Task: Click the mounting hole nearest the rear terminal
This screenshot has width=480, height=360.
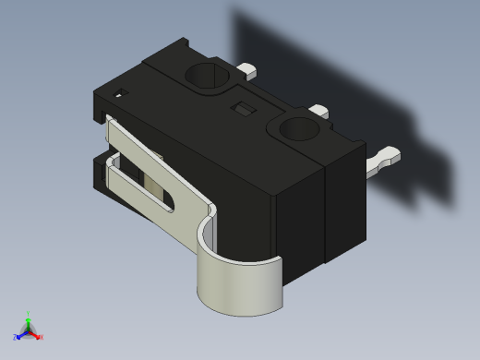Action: tap(208, 75)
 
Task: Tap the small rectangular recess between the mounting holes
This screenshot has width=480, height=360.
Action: tap(245, 109)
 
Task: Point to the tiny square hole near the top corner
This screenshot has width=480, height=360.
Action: tap(120, 92)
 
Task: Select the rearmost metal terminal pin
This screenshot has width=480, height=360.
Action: tap(247, 68)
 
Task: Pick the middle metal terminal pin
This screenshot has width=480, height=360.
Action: tap(318, 112)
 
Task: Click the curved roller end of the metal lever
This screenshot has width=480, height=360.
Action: tap(240, 286)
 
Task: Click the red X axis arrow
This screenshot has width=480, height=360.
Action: tap(35, 334)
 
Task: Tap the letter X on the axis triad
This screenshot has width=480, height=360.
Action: tap(41, 337)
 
